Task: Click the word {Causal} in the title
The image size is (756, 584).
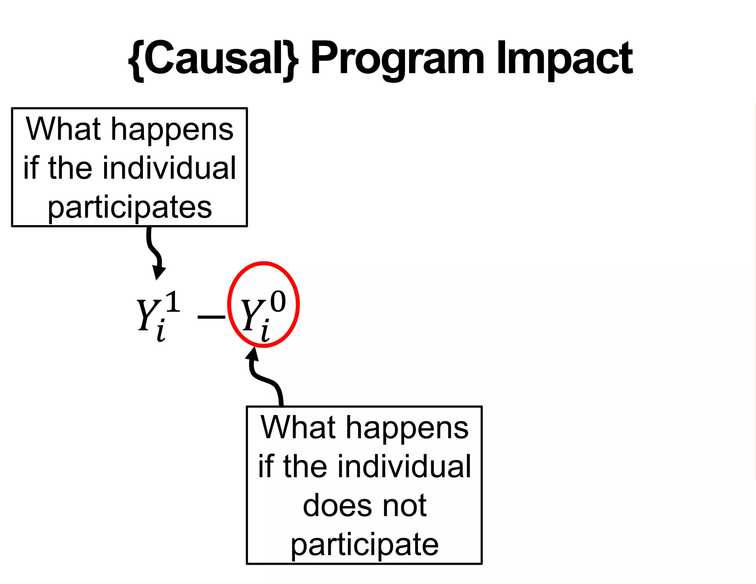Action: click(x=213, y=59)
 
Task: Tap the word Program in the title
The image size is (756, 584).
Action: click(x=397, y=59)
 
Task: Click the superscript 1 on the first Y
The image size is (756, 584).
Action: click(x=172, y=302)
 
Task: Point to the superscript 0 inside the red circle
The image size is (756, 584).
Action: click(x=278, y=302)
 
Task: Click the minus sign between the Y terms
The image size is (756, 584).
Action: click(x=211, y=317)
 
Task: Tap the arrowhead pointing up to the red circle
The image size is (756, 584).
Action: click(x=253, y=354)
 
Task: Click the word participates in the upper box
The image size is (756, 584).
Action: click(x=130, y=207)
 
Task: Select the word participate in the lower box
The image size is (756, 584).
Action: click(x=365, y=545)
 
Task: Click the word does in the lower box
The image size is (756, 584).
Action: click(x=334, y=506)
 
